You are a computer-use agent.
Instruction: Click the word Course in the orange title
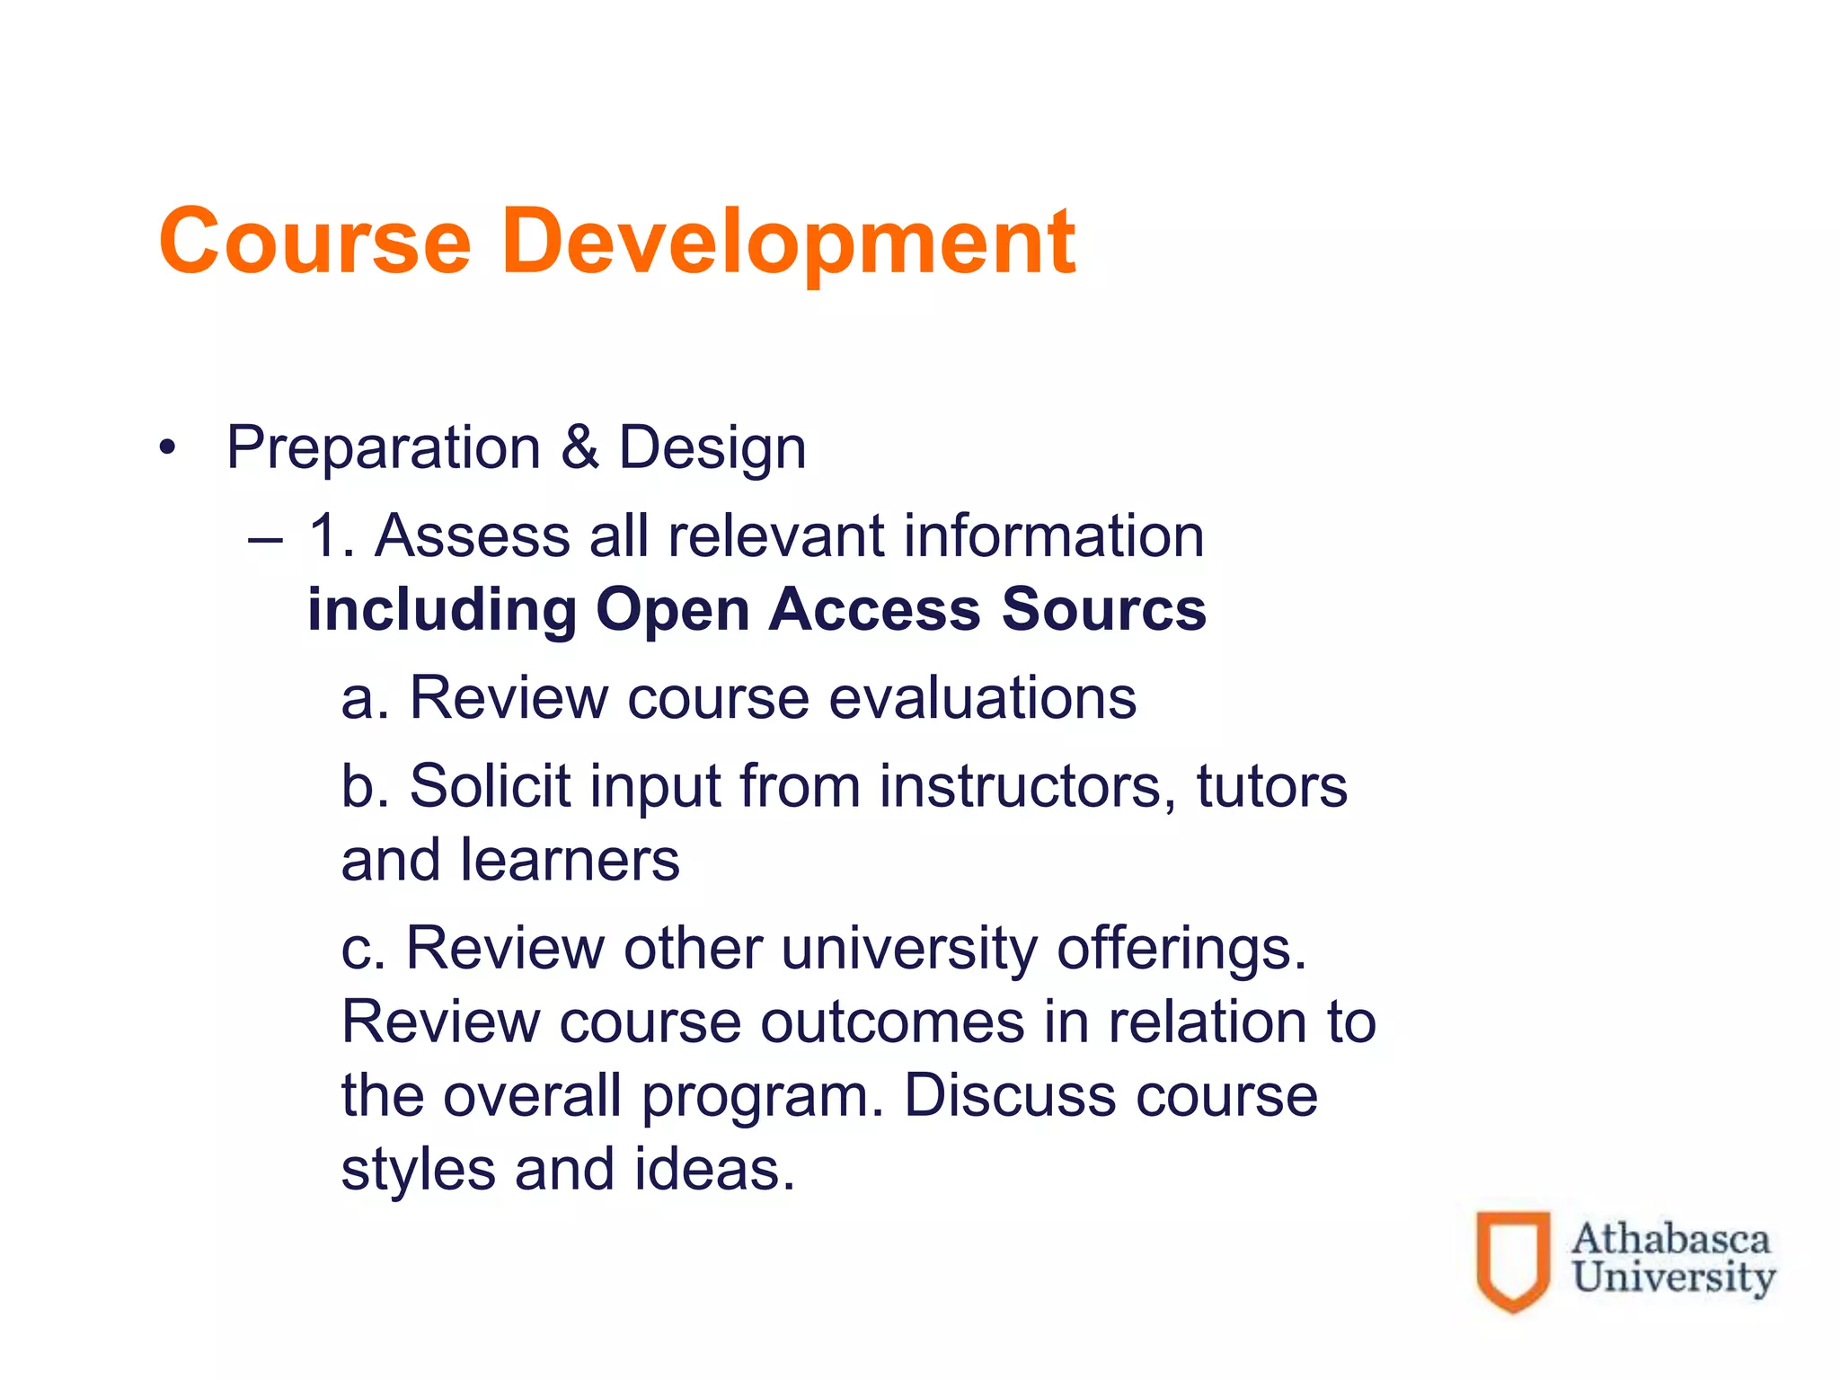314,241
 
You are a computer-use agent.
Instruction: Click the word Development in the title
788,241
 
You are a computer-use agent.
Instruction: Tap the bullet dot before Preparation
166,447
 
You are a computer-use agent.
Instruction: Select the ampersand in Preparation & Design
580,447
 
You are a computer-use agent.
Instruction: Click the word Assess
473,536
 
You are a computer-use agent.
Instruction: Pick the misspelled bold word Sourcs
1104,610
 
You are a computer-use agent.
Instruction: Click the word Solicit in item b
490,786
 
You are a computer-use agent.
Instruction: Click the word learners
571,861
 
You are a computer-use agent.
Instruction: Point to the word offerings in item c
1181,950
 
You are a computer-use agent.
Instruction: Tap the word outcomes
892,1023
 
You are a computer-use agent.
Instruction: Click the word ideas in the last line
714,1171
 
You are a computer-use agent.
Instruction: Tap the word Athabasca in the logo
1670,1239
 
